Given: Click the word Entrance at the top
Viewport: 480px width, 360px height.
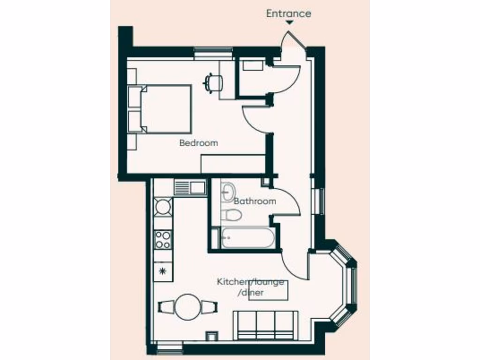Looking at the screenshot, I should click(x=288, y=14).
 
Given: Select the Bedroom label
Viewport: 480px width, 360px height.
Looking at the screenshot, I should click(x=198, y=143).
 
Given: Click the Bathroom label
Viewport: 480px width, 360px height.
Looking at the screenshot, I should click(x=255, y=201).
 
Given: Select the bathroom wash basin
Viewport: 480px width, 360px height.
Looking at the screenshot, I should click(x=229, y=190).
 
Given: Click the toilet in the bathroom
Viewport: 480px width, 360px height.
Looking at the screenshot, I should click(x=232, y=215).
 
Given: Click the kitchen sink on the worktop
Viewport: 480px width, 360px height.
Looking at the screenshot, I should click(x=190, y=187).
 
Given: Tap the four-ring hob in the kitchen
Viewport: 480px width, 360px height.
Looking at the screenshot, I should click(x=163, y=240).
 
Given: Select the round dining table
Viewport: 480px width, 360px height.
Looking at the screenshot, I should click(x=188, y=307).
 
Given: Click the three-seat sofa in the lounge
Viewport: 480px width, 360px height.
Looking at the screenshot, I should click(x=266, y=324).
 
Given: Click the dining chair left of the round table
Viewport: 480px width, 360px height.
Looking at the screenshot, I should click(x=167, y=307).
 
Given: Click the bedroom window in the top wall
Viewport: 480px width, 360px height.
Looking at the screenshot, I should click(x=213, y=52).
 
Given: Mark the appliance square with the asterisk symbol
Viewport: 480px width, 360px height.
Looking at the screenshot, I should click(x=163, y=271).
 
